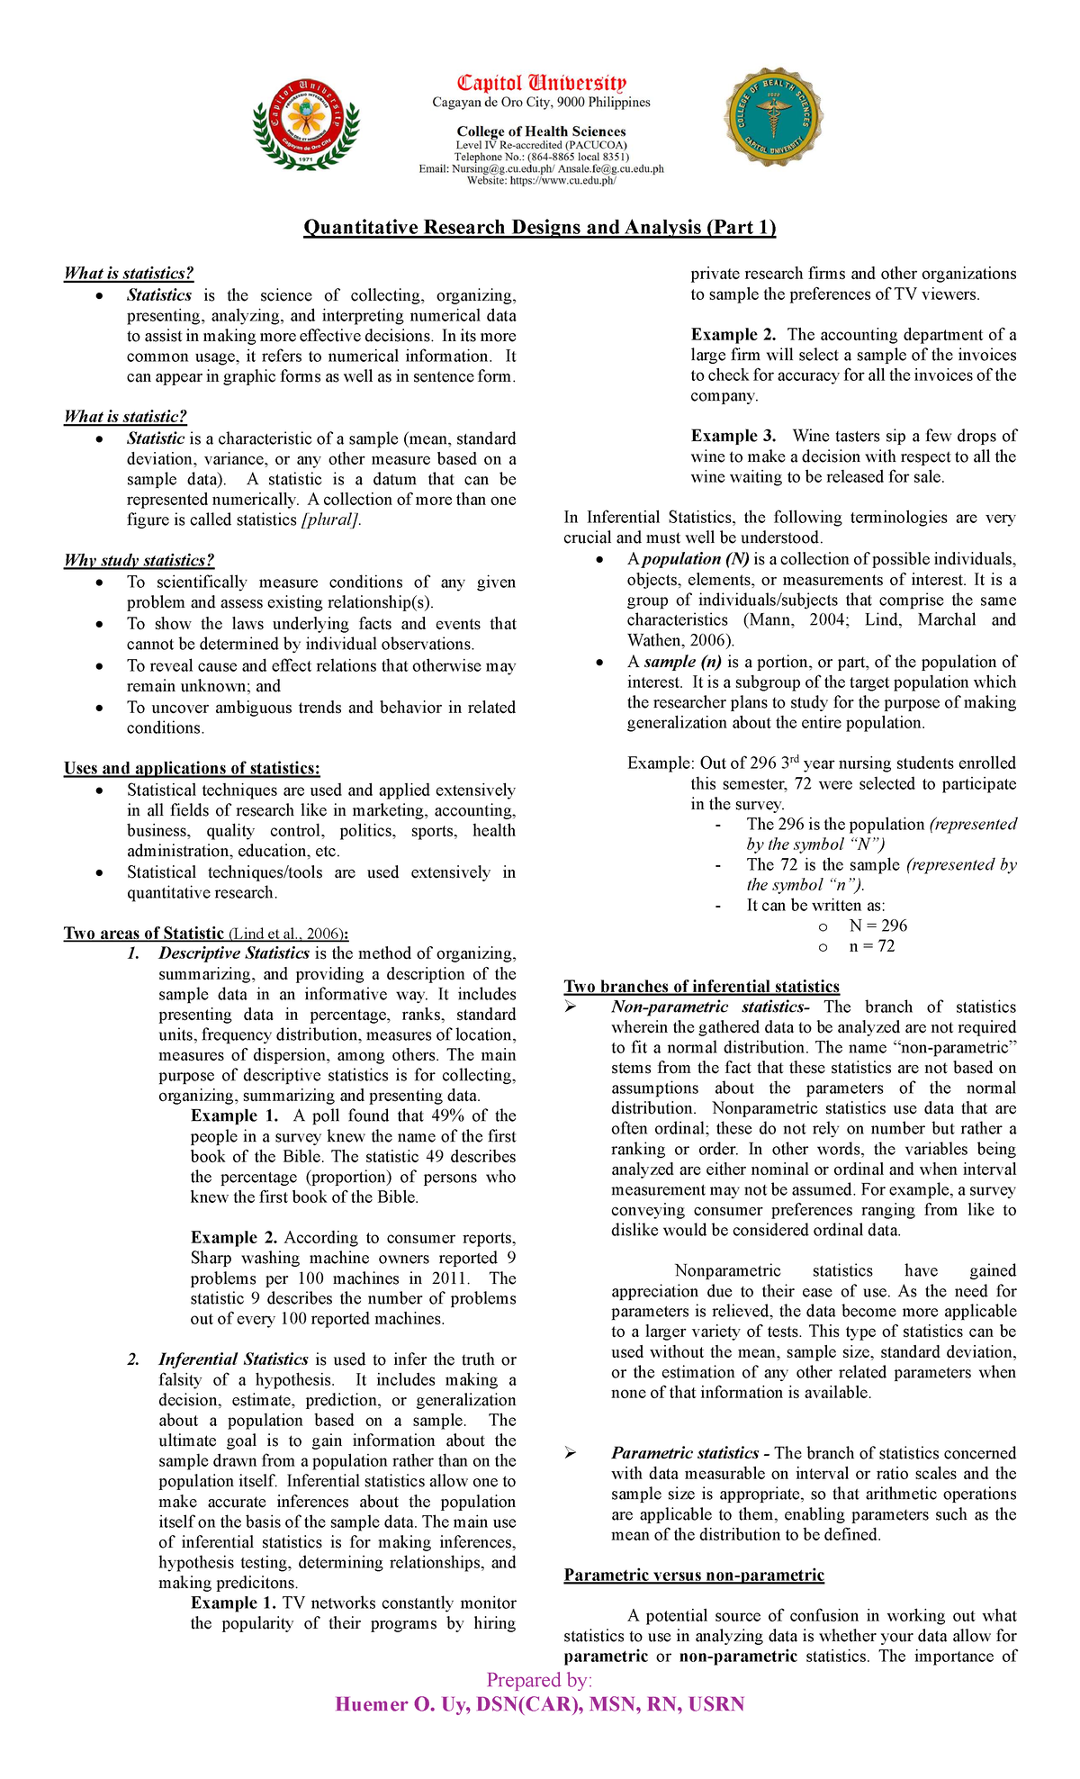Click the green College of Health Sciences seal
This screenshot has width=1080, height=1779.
click(x=773, y=116)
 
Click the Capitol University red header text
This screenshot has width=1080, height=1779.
click(x=542, y=84)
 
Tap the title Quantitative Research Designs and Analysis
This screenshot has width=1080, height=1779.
click(x=539, y=227)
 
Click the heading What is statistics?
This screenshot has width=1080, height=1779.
click(x=129, y=273)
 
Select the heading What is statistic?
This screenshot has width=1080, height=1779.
click(x=125, y=416)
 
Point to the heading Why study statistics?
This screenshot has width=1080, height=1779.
click(x=139, y=560)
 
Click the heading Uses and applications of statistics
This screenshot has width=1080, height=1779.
click(x=192, y=768)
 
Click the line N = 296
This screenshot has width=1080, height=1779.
click(x=877, y=926)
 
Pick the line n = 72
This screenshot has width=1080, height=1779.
click(x=871, y=946)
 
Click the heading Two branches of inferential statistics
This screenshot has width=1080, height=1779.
click(x=701, y=986)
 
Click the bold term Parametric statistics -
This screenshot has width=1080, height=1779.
click(x=689, y=1452)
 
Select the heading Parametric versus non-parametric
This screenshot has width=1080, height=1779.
click(x=693, y=1575)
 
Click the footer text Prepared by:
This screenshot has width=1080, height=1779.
click(x=539, y=1680)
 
